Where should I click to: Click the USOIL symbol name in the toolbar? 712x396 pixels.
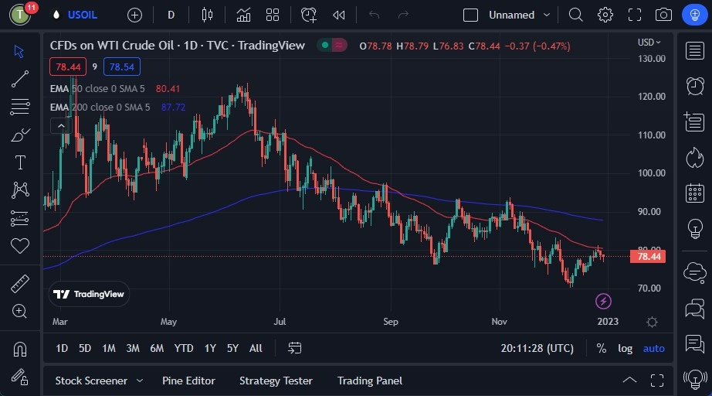(82, 15)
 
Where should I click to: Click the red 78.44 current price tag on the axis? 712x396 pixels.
(646, 256)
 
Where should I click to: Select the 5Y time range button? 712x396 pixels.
(232, 348)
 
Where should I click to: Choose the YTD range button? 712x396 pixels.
(184, 348)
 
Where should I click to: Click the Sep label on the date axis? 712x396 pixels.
(391, 321)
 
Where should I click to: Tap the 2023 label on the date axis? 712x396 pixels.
(608, 321)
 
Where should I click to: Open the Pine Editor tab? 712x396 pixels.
(188, 381)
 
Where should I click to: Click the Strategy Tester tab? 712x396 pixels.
(276, 381)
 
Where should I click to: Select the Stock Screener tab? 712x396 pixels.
(91, 381)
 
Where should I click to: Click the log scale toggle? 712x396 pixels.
(625, 348)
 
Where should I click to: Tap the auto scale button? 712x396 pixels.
(653, 348)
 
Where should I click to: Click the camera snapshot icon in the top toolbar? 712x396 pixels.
(663, 15)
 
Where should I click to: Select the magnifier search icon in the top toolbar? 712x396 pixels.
(575, 15)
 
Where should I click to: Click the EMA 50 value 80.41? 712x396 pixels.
(168, 88)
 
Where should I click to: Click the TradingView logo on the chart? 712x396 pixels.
(89, 294)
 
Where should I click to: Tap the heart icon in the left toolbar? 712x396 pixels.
(20, 246)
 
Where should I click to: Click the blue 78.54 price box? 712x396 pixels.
(122, 67)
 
